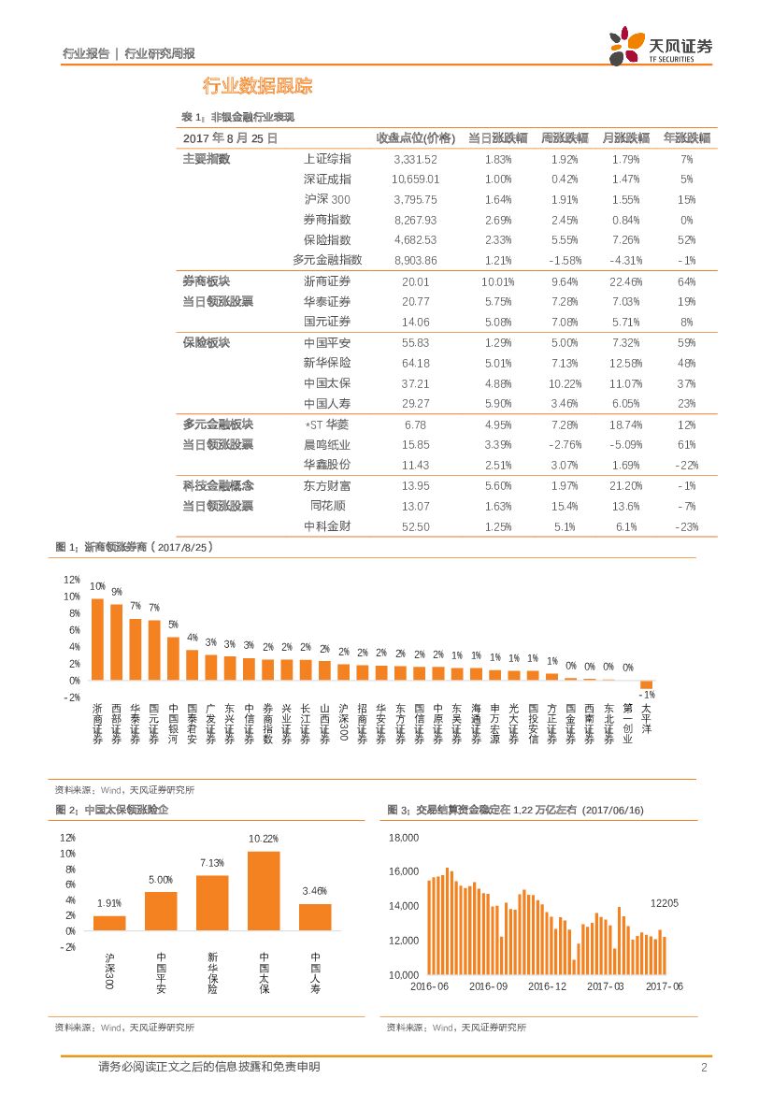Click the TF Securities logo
[x=660, y=46]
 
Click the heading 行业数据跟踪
[x=257, y=87]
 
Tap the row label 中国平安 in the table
[x=327, y=343]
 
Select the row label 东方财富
[x=327, y=486]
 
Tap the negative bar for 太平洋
[x=646, y=684]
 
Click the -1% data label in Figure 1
[x=646, y=696]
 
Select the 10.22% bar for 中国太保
[x=264, y=890]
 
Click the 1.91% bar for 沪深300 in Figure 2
[x=109, y=922]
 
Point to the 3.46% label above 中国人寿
[x=315, y=891]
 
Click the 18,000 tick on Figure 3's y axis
[x=403, y=838]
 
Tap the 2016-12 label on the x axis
[x=547, y=986]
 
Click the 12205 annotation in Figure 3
[x=665, y=902]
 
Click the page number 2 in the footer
[x=703, y=1068]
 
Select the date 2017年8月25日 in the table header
[x=230, y=137]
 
